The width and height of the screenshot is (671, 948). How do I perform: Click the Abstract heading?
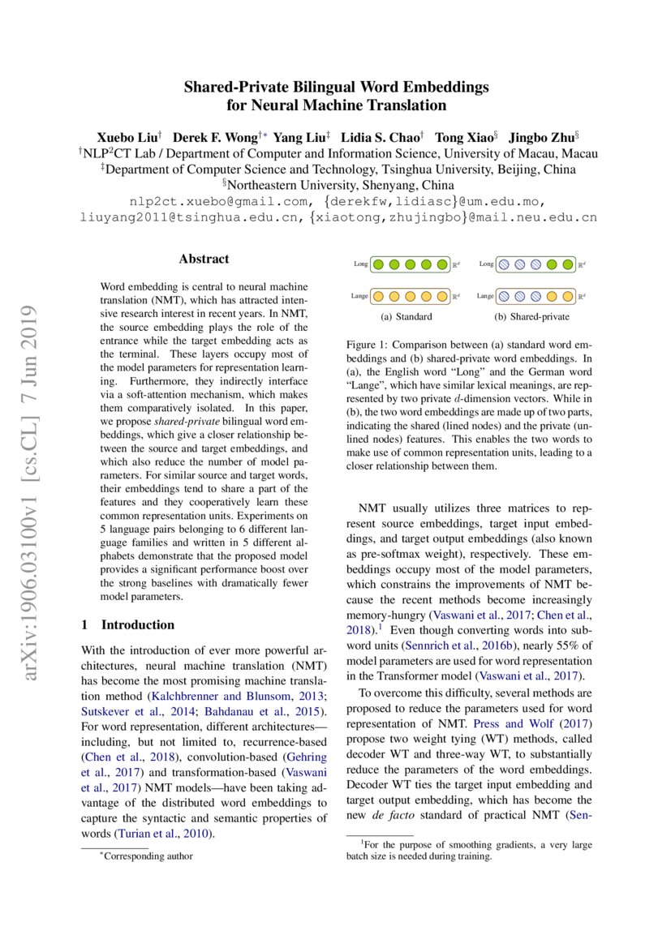[x=204, y=260]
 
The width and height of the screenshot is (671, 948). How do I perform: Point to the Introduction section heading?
[x=137, y=624]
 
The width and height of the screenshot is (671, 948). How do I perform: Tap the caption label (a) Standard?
[x=406, y=316]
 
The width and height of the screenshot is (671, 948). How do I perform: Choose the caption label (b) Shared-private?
[x=532, y=316]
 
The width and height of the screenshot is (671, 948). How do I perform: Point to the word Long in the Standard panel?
[x=361, y=264]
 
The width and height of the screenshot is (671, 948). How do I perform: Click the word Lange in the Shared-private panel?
[x=485, y=296]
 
